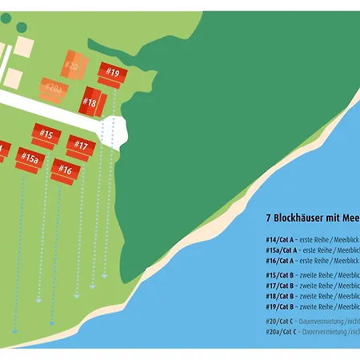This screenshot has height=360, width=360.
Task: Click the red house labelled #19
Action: click(113, 74)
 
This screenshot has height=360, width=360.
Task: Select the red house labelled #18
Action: click(90, 102)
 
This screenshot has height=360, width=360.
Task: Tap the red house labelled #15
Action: click(46, 136)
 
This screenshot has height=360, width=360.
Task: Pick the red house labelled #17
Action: click(81, 146)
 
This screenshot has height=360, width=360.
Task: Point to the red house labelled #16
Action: click(66, 170)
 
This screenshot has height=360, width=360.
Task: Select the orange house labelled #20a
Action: click(54, 88)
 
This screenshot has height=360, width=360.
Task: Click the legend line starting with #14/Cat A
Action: click(312, 239)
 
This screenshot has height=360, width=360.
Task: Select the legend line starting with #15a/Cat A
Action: click(312, 250)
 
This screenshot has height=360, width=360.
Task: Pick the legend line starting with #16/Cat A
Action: click(312, 260)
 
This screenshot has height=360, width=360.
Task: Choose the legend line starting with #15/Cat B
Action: click(312, 275)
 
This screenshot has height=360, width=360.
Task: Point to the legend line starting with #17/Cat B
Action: click(312, 286)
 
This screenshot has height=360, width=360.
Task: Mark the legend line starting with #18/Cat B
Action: click(312, 296)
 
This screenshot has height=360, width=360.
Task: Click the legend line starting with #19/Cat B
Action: click(312, 306)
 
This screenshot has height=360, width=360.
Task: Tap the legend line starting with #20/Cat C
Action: click(312, 322)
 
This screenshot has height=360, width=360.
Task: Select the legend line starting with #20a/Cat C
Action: click(312, 332)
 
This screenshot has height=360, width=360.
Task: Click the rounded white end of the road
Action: click(118, 131)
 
